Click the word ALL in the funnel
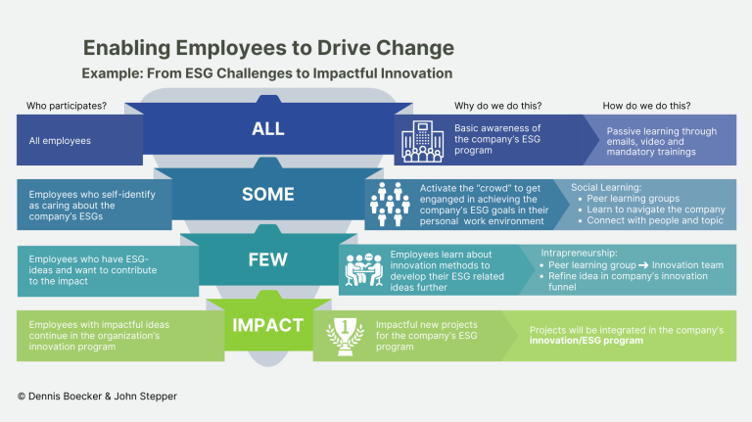pyautogui.click(x=268, y=128)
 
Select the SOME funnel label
pyautogui.click(x=268, y=194)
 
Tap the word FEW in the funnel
pyautogui.click(x=268, y=259)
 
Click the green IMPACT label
pyautogui.click(x=268, y=325)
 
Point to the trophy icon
pyautogui.click(x=345, y=336)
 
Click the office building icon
pyautogui.click(x=422, y=141)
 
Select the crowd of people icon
pyautogui.click(x=390, y=205)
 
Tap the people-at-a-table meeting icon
pyautogui.click(x=364, y=270)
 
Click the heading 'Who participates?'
pyautogui.click(x=67, y=106)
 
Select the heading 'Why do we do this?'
pyautogui.click(x=497, y=106)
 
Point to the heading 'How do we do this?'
pyautogui.click(x=646, y=106)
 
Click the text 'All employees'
pyautogui.click(x=60, y=141)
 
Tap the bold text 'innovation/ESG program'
pyautogui.click(x=587, y=341)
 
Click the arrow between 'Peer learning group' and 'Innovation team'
pyautogui.click(x=643, y=265)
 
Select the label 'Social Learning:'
pyautogui.click(x=606, y=188)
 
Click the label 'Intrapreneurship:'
pyautogui.click(x=579, y=253)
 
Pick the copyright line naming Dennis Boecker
pyautogui.click(x=97, y=397)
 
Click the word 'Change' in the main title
pyautogui.click(x=415, y=48)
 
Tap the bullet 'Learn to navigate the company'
pyautogui.click(x=656, y=210)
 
